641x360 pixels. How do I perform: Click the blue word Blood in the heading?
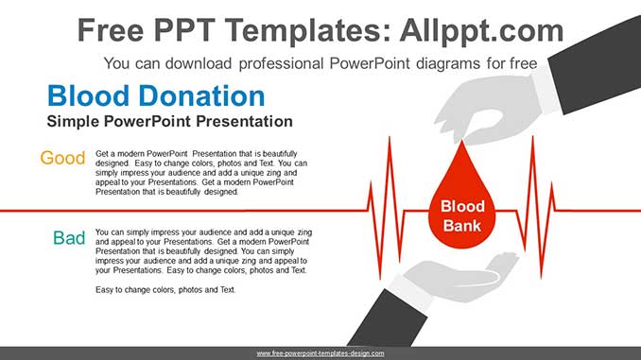coord(90,96)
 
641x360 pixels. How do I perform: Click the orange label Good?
coord(62,158)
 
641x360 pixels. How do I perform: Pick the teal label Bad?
coord(69,238)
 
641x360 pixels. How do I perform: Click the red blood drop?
coord(462,203)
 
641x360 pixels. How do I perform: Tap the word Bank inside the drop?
coord(462,226)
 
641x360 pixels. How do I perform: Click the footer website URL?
coord(320,352)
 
